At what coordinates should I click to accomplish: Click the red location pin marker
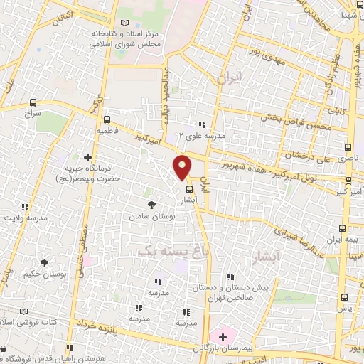tap(183, 166)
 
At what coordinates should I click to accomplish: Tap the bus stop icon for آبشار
tap(189, 189)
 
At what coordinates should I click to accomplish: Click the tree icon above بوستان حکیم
tap(45, 263)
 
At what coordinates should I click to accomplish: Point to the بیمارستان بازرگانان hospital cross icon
tap(222, 336)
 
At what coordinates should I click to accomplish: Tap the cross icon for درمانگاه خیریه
tap(87, 157)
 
